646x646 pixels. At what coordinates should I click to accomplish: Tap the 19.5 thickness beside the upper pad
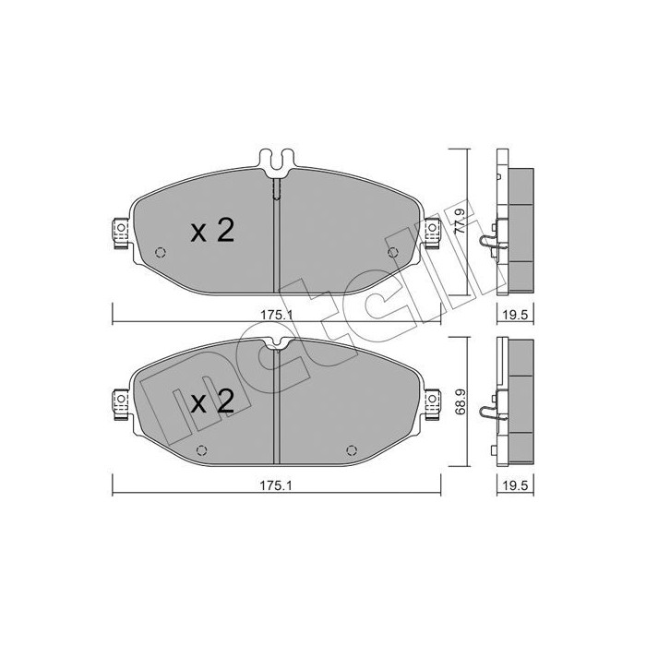point(514,314)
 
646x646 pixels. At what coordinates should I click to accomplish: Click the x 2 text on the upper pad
point(212,232)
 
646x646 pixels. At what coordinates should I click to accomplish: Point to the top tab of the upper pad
point(277,160)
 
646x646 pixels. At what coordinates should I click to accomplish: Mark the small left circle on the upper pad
point(161,253)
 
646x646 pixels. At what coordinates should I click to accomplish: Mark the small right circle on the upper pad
point(393,253)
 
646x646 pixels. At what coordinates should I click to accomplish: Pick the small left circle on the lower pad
point(203,449)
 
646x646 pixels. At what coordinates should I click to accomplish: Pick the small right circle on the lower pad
point(351,449)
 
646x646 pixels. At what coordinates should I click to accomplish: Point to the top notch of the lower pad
point(277,345)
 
